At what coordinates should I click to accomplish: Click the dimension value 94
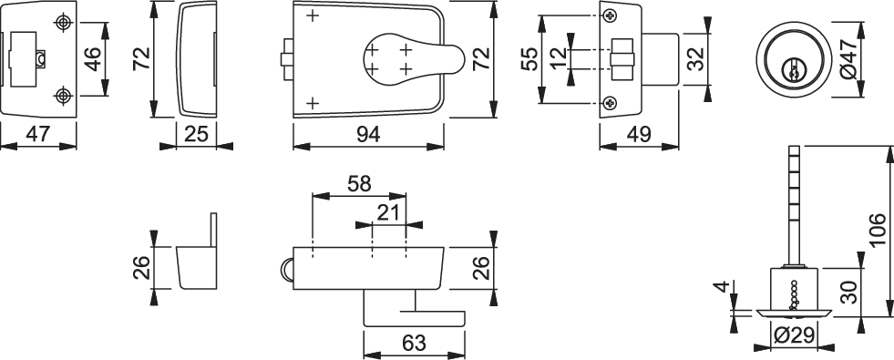coord(368,135)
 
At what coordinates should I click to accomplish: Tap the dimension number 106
coord(879,231)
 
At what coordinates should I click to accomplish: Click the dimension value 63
coord(414,344)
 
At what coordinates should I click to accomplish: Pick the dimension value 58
coord(359,184)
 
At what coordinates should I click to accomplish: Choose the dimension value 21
coord(388,212)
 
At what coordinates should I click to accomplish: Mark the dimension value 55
coord(530,59)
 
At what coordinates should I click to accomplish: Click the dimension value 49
coord(639,135)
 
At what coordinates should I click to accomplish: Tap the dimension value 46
coord(92,59)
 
